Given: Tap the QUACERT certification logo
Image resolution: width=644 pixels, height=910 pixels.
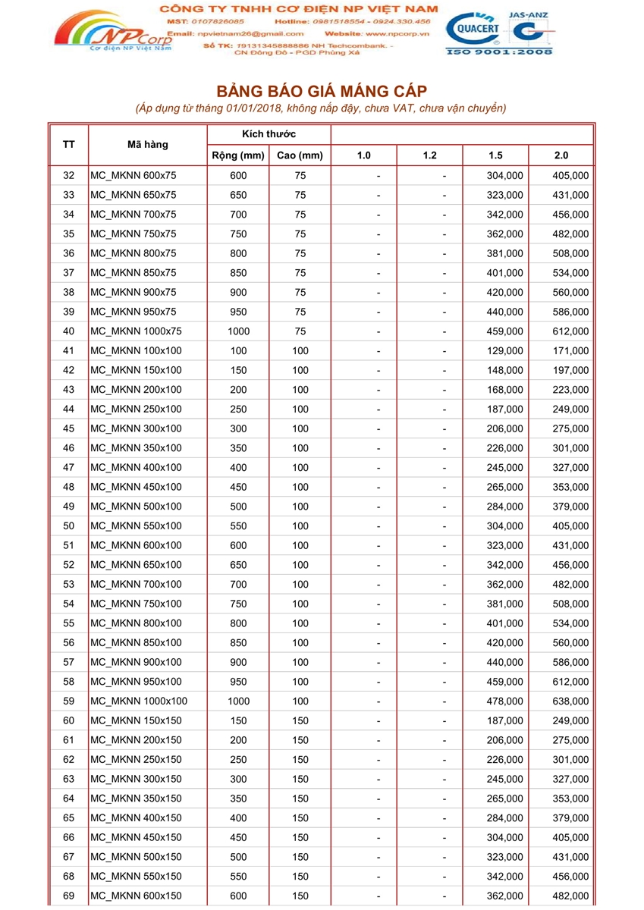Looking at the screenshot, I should [473, 30].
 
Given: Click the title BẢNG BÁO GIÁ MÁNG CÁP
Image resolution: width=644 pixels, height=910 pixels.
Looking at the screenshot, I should [322, 92].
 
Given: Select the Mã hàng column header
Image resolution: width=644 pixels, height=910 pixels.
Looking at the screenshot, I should [148, 144].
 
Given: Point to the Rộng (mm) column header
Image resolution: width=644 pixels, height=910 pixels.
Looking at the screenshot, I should [237, 155].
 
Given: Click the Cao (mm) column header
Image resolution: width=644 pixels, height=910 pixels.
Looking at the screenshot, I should [300, 155].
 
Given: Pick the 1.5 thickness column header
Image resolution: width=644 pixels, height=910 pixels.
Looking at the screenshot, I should [495, 155].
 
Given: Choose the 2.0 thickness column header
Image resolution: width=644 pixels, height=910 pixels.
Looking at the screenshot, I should [561, 155].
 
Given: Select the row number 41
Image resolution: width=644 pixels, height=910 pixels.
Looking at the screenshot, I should [68, 350].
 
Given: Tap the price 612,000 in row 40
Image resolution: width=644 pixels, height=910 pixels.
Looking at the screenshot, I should [570, 331].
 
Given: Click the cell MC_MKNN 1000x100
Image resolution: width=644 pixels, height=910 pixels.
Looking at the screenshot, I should [139, 701].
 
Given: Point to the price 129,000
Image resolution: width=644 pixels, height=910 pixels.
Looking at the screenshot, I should [504, 350].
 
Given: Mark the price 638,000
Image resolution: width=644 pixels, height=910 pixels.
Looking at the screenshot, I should [570, 701].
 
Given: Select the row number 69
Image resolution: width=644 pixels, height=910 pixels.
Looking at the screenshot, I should [68, 896].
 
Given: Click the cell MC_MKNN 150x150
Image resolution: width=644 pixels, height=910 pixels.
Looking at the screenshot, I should [136, 720].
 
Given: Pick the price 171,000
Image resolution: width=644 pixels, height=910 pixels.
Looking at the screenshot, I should [570, 350].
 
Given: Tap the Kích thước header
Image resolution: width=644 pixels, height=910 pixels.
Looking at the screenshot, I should [269, 134].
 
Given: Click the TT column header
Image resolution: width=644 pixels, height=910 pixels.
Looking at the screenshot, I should [68, 144].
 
